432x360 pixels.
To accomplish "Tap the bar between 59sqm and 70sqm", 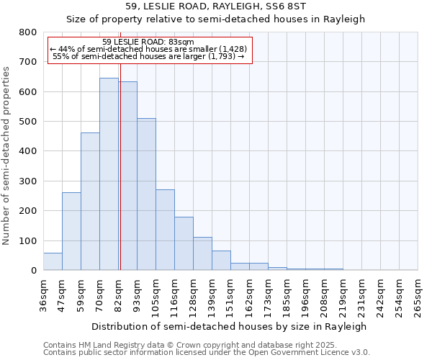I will click(90, 202).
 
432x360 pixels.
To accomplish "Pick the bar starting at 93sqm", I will click(146, 194).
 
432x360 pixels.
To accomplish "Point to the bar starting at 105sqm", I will click(165, 230).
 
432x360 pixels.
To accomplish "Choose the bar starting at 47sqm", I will click(71, 231).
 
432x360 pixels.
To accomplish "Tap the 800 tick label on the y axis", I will click(27, 32).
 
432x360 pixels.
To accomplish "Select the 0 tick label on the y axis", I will click(33, 271).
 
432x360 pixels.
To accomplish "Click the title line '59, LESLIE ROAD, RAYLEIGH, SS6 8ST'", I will click(216, 6).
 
